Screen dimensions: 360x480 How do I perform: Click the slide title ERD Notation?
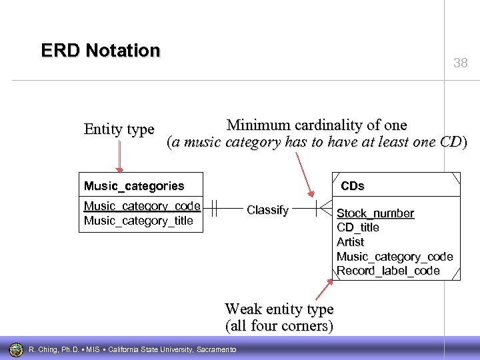(101, 51)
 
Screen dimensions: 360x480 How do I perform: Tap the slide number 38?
(461, 64)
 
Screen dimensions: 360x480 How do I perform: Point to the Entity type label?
(119, 129)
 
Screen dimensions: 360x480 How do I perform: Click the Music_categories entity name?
(133, 185)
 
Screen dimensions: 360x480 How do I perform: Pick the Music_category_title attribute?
(138, 221)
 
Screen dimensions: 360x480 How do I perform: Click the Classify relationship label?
(267, 210)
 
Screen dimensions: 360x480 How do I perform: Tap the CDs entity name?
(353, 185)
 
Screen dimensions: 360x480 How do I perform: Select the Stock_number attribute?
(375, 213)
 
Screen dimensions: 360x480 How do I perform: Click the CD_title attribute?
(358, 227)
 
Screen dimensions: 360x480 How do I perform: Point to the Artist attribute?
(351, 242)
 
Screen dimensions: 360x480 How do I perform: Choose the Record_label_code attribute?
(388, 271)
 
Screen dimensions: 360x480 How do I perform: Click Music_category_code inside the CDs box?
(395, 257)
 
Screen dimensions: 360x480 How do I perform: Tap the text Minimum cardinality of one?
(317, 125)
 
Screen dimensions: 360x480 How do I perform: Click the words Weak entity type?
(279, 309)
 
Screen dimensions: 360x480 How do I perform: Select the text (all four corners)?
(279, 326)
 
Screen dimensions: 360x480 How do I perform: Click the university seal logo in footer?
(16, 349)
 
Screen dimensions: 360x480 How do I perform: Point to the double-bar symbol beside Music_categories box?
(213, 209)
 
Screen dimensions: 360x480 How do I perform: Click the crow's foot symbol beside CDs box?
(325, 209)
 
